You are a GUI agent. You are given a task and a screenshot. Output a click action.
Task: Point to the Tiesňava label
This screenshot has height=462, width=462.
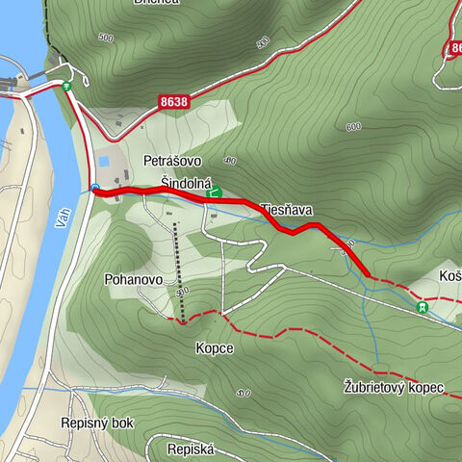(x=287, y=209)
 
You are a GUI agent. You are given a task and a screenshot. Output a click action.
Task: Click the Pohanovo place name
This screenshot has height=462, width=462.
(x=133, y=279)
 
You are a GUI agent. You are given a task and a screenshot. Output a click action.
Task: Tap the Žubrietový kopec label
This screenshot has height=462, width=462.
(x=392, y=388)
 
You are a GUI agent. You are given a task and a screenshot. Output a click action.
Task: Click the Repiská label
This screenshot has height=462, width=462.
(x=190, y=449)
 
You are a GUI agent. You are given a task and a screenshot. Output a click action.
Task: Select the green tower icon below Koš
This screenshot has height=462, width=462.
(x=422, y=307)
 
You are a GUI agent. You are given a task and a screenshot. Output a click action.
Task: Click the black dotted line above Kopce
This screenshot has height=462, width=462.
(x=177, y=269)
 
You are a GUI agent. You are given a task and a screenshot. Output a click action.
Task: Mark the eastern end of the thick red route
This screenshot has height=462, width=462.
(x=368, y=276)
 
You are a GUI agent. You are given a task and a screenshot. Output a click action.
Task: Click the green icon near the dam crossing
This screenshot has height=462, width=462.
(x=66, y=87)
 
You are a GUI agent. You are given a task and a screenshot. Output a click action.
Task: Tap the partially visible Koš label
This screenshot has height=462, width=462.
(x=449, y=275)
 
